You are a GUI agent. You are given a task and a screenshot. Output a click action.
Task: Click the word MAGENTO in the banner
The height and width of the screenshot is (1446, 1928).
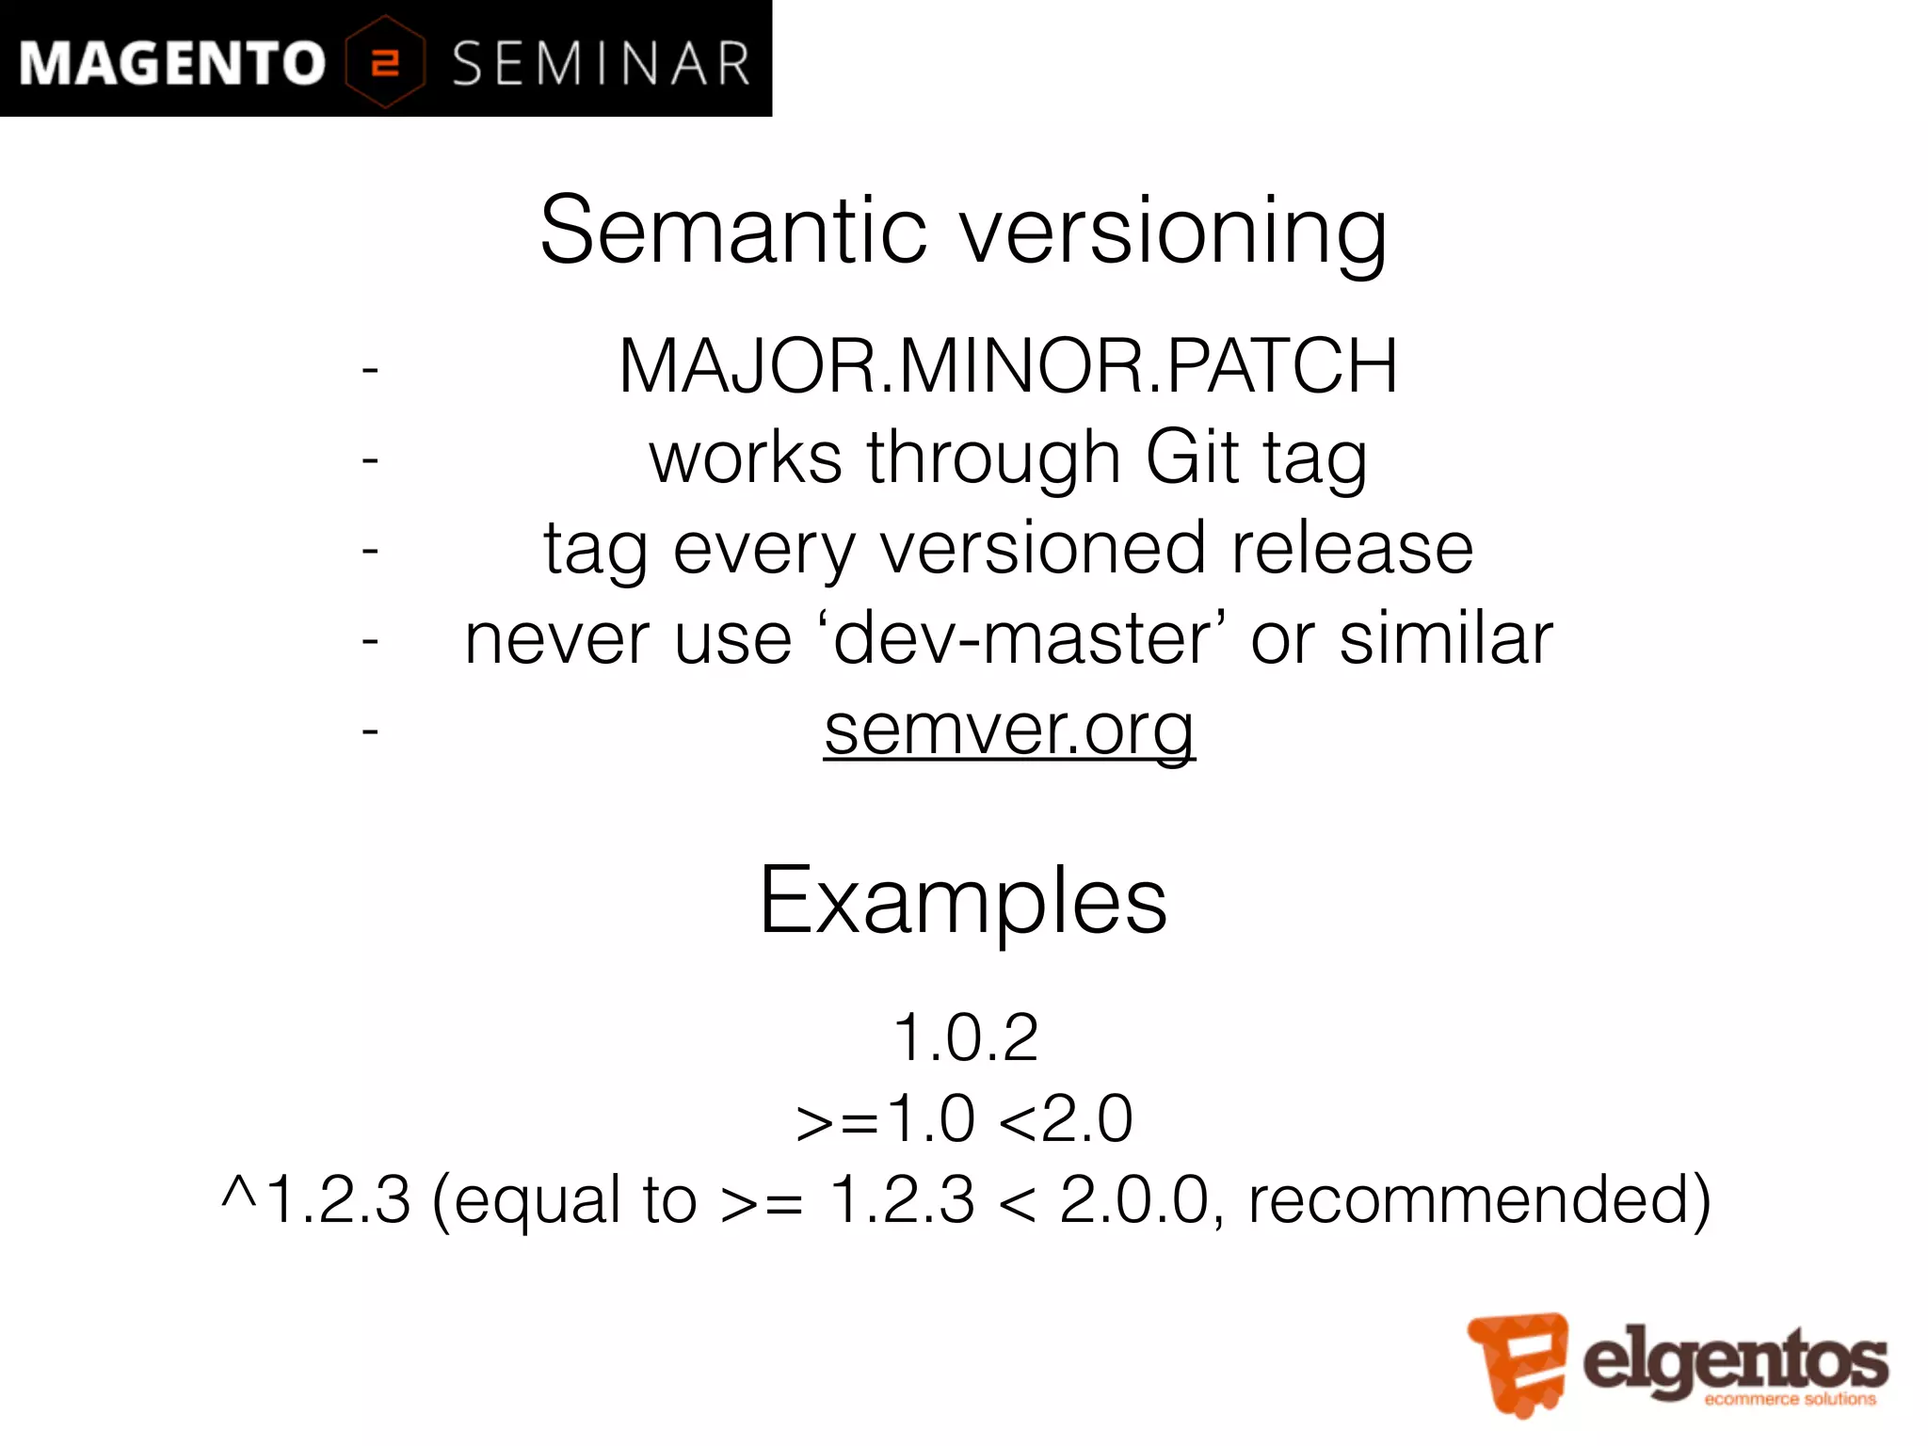pos(171,64)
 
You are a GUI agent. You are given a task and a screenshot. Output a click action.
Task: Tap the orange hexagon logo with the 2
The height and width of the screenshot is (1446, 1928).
pos(385,62)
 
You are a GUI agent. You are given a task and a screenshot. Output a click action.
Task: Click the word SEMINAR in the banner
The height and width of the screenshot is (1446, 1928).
pos(601,64)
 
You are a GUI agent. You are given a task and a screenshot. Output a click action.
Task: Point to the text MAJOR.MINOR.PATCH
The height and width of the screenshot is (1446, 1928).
pos(1007,366)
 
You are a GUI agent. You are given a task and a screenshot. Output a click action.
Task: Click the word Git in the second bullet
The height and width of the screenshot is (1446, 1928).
pos(1192,457)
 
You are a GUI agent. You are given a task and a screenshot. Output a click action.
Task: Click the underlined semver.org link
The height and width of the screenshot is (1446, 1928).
pos(1009,730)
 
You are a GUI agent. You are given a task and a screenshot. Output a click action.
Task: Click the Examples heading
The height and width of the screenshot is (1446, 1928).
pos(963,901)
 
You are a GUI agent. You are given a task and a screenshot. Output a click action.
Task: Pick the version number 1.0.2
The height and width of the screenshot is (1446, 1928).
pos(965,1037)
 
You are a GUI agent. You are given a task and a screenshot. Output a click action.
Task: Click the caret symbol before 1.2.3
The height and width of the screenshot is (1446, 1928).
pos(238,1194)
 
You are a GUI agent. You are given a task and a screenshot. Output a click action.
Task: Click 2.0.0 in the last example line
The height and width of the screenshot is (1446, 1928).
pos(1133,1200)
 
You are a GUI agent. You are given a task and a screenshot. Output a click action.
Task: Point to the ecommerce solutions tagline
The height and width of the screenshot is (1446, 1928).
pos(1790,1400)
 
